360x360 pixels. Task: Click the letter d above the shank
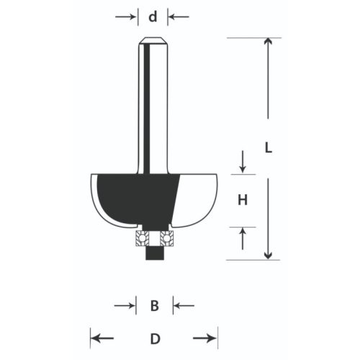[x=153, y=17]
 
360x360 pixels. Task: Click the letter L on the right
[x=269, y=148]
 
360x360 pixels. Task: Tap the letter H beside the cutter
[x=243, y=200]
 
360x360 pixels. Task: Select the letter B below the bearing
[x=155, y=306]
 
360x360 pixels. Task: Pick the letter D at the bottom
[x=155, y=339]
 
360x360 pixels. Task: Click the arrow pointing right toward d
[x=125, y=17]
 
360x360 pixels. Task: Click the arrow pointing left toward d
[x=179, y=17]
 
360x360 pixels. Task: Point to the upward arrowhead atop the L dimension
[x=268, y=42]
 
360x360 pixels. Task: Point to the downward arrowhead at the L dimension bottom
[x=268, y=256]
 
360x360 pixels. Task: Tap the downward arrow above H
[x=243, y=161]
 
